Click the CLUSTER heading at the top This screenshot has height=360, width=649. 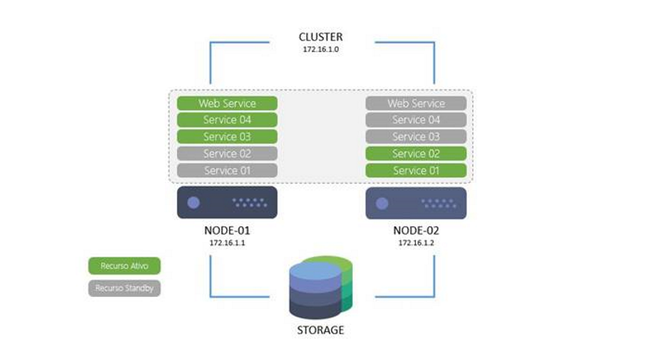pos(320,37)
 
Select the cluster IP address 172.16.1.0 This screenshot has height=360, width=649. pos(320,49)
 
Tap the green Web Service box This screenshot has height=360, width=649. pos(227,103)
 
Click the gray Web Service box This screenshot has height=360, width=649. pos(416,103)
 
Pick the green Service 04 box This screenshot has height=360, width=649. pos(227,120)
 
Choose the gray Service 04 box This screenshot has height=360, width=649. pos(416,120)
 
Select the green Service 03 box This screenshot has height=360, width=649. pos(227,137)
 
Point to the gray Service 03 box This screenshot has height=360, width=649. pos(416,137)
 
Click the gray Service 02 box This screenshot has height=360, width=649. pos(227,154)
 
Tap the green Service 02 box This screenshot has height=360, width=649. pos(416,154)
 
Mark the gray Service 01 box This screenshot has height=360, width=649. pos(227,170)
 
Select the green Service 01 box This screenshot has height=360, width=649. pos(416,170)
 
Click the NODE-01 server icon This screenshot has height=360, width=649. pos(227,202)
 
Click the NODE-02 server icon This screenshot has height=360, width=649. pos(416,203)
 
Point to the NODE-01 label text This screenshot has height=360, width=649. pos(227,231)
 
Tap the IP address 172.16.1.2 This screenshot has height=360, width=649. pos(416,243)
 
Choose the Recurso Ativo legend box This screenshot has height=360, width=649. pos(124,266)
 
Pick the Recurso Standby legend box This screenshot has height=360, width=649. pos(124,288)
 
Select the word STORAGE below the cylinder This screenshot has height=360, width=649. pos(320,330)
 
